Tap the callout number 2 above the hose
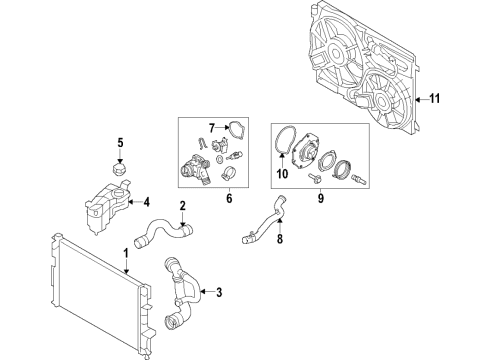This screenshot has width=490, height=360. tap(182, 207)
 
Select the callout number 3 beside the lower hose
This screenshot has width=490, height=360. tap(219, 294)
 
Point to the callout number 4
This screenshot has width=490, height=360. tap(146, 200)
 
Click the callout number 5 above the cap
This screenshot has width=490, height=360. tap(119, 141)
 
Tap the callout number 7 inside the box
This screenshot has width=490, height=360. tap(212, 128)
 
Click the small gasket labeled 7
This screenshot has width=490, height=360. tap(235, 127)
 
